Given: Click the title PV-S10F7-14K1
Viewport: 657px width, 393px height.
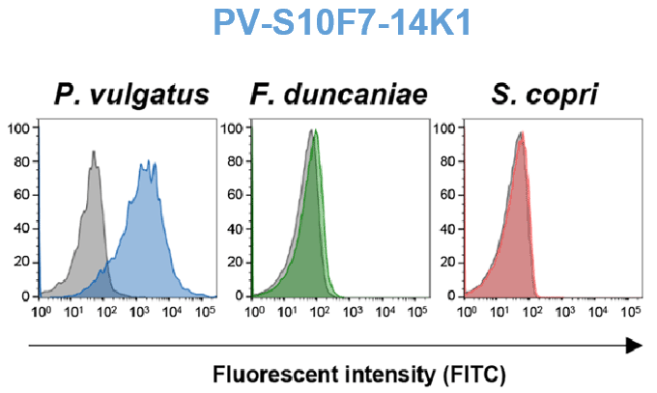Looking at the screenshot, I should click(329, 23).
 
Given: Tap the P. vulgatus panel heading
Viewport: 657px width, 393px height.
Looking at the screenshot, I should click(131, 96).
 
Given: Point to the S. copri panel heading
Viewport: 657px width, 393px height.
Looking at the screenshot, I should click(544, 96).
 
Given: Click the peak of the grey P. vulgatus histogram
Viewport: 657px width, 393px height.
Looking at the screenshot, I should click(94, 152).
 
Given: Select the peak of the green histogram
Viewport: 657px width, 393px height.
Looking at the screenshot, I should click(314, 133).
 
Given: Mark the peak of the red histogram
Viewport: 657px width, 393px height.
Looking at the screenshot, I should click(523, 133).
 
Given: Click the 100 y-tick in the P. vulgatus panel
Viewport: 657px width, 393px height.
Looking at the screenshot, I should click(21, 127).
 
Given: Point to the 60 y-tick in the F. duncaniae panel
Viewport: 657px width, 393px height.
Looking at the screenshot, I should click(237, 194).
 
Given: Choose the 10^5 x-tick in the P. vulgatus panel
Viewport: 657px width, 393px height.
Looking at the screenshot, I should click(204, 313).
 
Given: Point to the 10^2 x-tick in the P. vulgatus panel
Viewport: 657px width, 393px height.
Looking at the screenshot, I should click(106, 313).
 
